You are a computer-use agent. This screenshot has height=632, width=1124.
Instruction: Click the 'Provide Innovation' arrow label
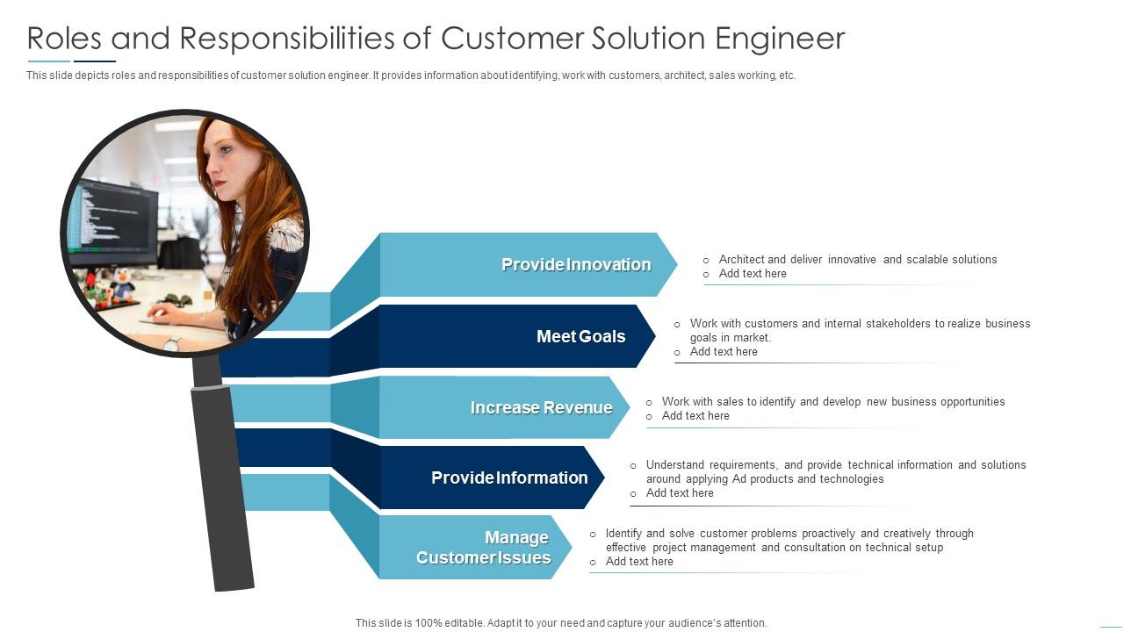click(x=576, y=264)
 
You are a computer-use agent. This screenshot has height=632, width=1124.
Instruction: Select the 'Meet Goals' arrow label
click(x=580, y=336)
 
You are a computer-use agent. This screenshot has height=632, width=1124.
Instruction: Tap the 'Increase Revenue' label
click(x=541, y=407)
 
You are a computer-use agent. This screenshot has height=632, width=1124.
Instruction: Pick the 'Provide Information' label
click(x=509, y=478)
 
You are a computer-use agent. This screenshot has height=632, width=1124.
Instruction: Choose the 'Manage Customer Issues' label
click(x=484, y=548)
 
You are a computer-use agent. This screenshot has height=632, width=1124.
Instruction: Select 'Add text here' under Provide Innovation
click(x=753, y=274)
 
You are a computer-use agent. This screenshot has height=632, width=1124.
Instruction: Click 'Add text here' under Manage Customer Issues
click(x=639, y=562)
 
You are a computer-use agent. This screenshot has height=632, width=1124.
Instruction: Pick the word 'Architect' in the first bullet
click(x=740, y=260)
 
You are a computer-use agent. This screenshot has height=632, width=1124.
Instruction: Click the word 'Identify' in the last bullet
click(x=623, y=534)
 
